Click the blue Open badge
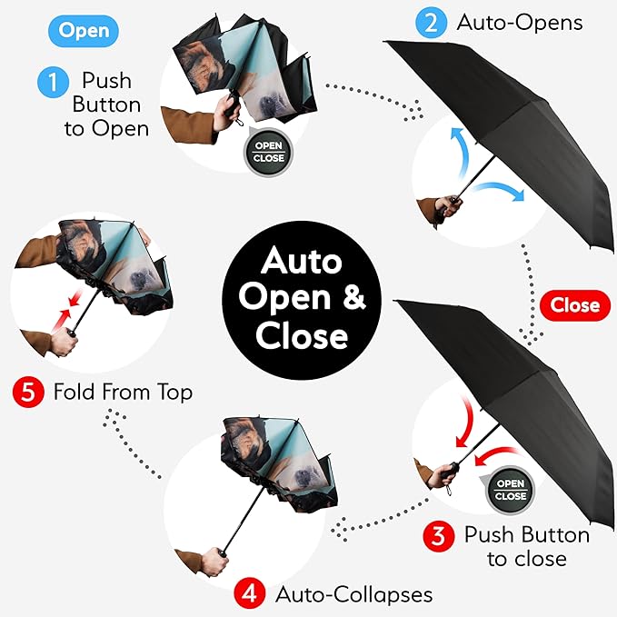coord(84,31)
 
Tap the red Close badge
coord(574,305)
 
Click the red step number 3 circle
coord(438,535)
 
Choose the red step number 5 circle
coord(26,393)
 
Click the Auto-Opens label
coord(519,23)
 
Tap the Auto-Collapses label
coord(353,595)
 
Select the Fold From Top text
coord(123,393)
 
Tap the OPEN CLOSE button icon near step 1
coord(269,152)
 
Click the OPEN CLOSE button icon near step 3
coord(510,490)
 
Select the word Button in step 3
coord(552,534)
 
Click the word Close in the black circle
coord(303,336)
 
